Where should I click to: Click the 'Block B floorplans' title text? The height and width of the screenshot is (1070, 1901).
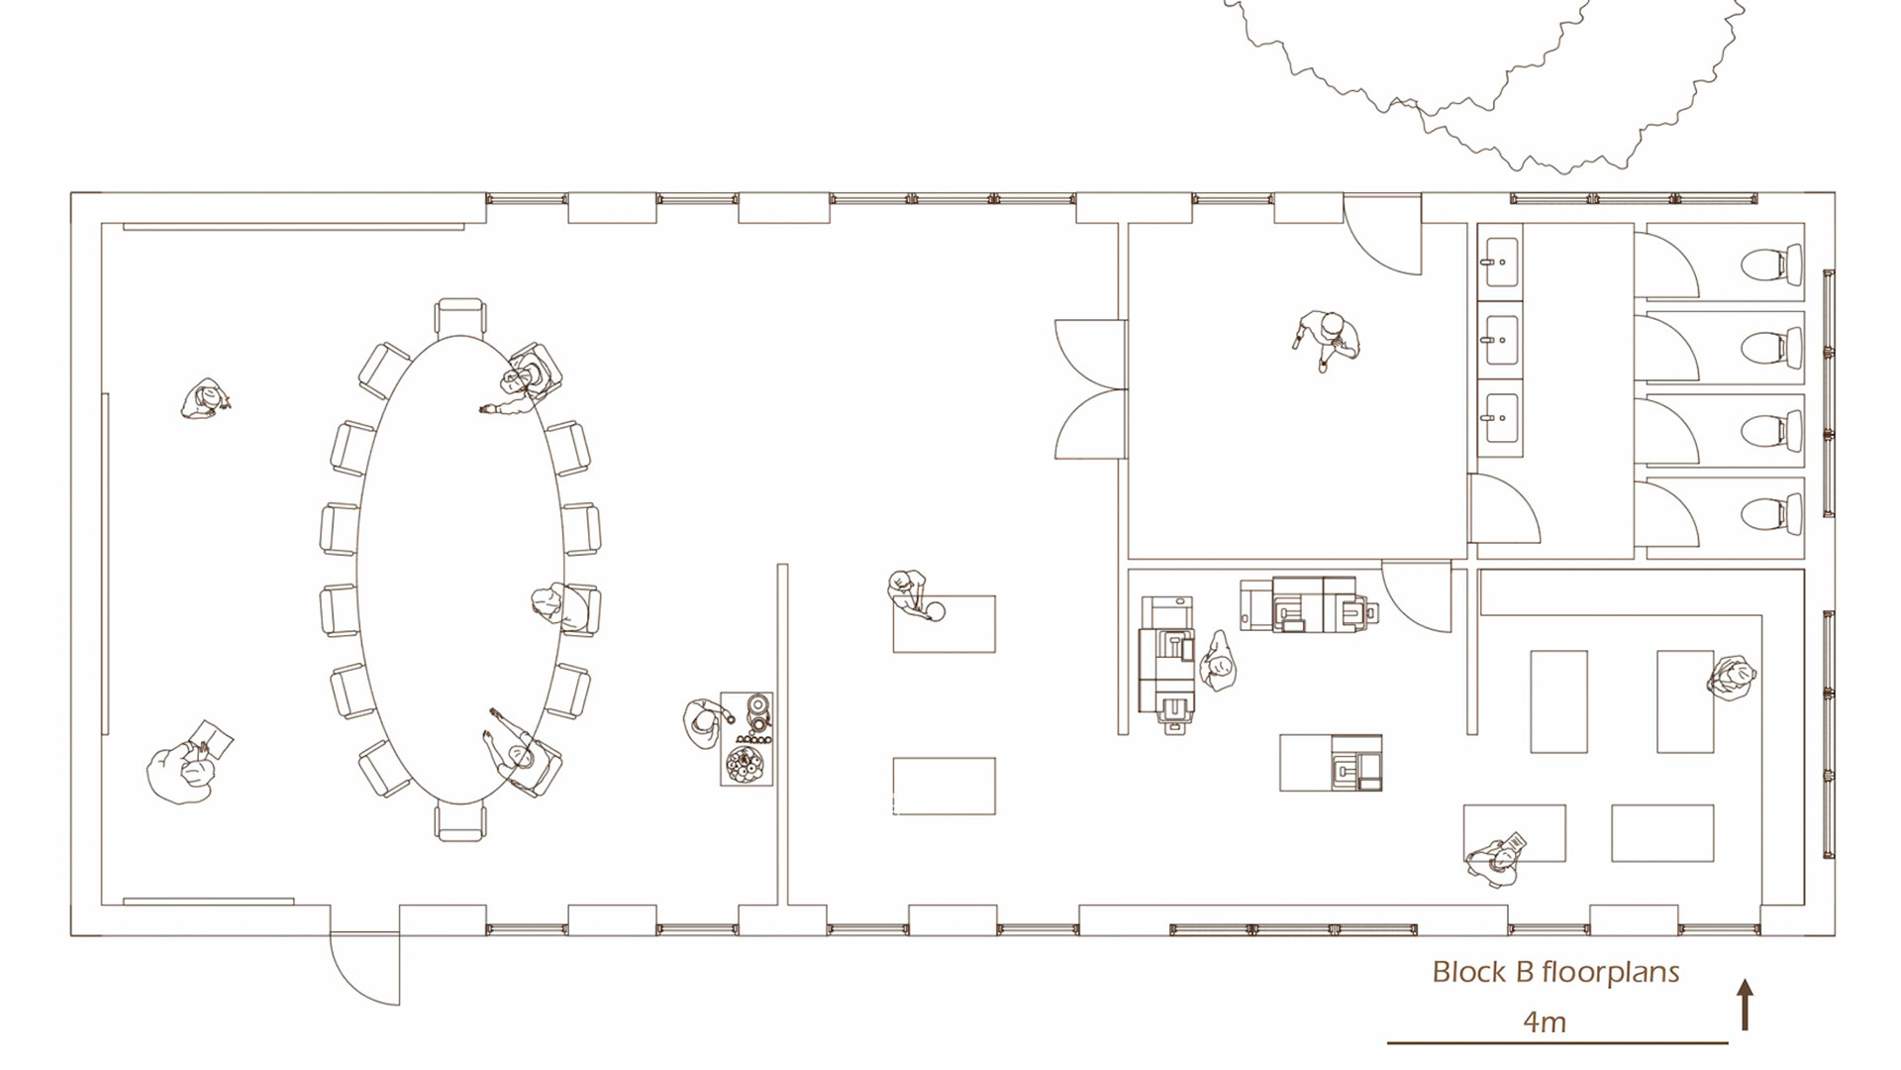(1555, 972)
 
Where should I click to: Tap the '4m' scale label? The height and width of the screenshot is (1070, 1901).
(1545, 1021)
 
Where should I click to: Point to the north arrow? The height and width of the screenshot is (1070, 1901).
(1746, 1005)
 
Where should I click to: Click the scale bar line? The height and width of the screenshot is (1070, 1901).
(1557, 1042)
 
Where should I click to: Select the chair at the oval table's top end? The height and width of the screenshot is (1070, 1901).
(460, 316)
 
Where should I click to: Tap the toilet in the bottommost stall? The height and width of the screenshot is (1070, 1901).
(1771, 515)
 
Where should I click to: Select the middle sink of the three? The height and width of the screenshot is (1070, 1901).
(1501, 340)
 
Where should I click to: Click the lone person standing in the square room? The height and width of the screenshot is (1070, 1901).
(1326, 340)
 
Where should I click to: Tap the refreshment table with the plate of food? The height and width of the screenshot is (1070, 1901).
(747, 739)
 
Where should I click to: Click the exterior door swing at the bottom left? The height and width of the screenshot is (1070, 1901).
(365, 971)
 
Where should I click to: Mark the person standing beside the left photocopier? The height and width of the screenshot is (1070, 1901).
(1218, 662)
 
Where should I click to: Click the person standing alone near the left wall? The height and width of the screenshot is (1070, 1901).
(206, 400)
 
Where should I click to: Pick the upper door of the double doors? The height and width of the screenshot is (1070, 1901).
(1091, 354)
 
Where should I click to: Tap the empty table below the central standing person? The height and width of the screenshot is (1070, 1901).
(944, 787)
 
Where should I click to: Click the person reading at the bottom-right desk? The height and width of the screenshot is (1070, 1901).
(1495, 860)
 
